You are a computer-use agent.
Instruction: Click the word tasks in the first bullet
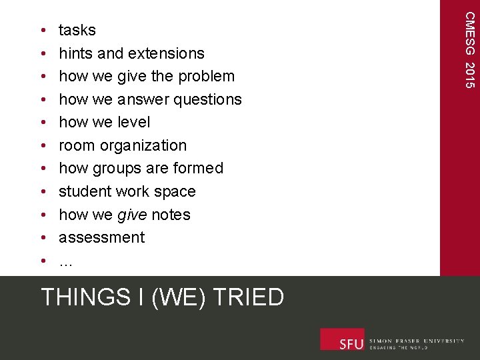coord(77,31)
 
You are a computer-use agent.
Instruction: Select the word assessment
coord(101,238)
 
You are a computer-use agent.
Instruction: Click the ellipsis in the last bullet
coord(65,262)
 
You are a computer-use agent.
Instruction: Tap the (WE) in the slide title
coord(175,297)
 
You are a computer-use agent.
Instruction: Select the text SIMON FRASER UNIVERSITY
coord(417,341)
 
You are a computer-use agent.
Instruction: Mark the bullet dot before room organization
coord(43,146)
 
